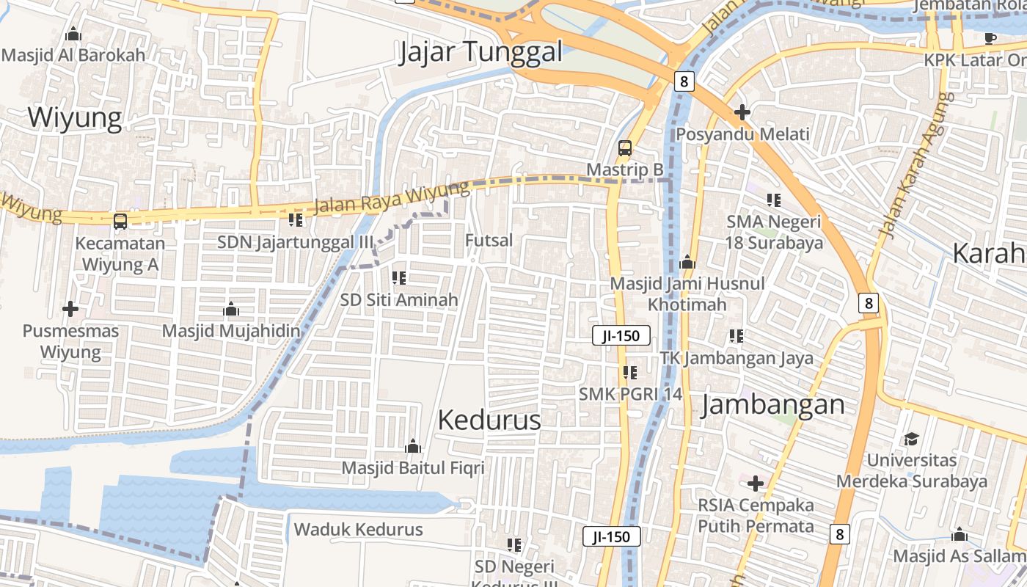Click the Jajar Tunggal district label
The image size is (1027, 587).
point(481,52)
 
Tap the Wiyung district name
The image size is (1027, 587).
point(75,117)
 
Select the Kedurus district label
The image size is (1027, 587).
point(489,420)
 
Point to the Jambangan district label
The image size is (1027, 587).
point(773,405)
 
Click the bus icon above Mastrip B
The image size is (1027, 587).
point(624,147)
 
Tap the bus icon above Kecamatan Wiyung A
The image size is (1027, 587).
point(120,221)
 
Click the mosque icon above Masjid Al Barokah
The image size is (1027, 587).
point(73,34)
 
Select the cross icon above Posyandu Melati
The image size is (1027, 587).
point(742,112)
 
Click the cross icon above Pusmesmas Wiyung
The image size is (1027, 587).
point(70,309)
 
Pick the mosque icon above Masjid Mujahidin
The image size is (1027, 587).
point(231,309)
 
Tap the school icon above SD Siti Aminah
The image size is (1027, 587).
point(399,278)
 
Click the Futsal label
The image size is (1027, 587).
point(489,240)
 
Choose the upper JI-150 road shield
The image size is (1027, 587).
point(621,336)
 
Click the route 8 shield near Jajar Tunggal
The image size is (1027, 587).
point(683,81)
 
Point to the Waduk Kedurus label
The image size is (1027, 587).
point(359,529)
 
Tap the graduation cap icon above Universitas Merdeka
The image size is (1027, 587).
point(911,439)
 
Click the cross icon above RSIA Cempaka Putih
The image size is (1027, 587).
point(756,484)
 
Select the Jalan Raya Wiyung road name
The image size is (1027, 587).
point(391,198)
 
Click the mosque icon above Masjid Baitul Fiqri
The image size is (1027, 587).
point(413,446)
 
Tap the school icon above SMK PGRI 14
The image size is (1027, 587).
point(629,373)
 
